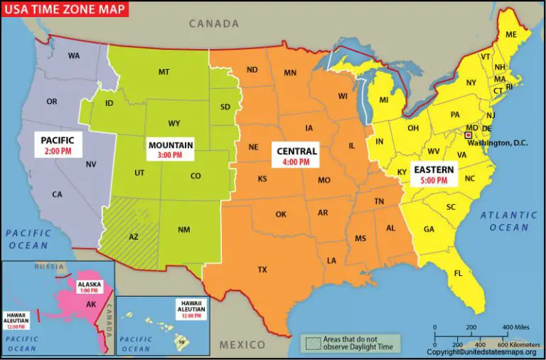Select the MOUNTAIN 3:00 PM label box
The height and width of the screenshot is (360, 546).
(171, 149)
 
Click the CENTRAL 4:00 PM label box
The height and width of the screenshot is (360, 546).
(296, 156)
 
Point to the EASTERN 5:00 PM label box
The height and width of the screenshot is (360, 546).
(433, 175)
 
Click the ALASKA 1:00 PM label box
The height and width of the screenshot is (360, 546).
(90, 287)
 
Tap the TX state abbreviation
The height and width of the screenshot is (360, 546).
(262, 270)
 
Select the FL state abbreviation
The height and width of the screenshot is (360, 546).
(459, 273)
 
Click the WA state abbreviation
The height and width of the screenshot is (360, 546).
(73, 55)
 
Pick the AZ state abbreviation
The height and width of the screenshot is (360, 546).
(134, 237)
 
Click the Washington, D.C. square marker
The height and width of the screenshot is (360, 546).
(468, 134)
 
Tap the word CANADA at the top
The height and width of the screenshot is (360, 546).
(213, 23)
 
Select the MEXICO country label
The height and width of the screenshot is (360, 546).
(242, 345)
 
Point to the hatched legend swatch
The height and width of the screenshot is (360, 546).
(311, 342)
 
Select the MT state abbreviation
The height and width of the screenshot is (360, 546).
(164, 72)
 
